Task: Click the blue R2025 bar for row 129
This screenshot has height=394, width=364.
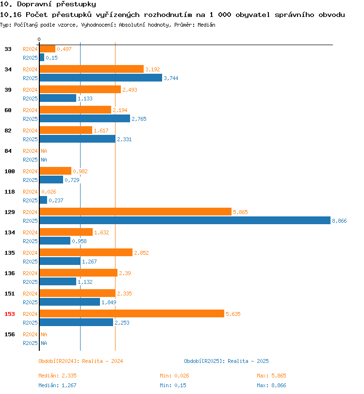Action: click(185, 220)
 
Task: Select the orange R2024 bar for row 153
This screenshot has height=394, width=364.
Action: click(132, 313)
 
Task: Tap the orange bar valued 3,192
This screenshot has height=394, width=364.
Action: click(92, 69)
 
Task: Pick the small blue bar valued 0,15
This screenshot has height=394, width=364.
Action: click(42, 57)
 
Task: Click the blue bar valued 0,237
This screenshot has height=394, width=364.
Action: click(44, 200)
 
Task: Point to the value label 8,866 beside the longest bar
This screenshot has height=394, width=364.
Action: click(339, 221)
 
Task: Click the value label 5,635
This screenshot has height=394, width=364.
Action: click(233, 314)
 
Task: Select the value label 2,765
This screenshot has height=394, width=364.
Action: click(139, 119)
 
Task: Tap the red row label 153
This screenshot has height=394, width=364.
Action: click(10, 314)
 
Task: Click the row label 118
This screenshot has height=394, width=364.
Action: click(10, 192)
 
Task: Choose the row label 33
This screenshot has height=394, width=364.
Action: click(8, 49)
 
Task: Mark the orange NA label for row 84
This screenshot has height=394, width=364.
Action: click(44, 151)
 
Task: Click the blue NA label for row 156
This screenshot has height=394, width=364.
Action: click(44, 343)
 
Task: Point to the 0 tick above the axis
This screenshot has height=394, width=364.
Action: click(39, 39)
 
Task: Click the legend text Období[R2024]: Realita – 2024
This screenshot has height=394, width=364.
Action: click(81, 361)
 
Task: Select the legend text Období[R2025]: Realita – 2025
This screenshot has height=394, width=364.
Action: click(226, 361)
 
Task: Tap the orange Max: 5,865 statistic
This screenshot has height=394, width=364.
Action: click(271, 376)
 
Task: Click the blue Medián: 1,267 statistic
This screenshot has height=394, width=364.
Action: click(57, 385)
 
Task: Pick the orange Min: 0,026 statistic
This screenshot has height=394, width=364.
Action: click(174, 376)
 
